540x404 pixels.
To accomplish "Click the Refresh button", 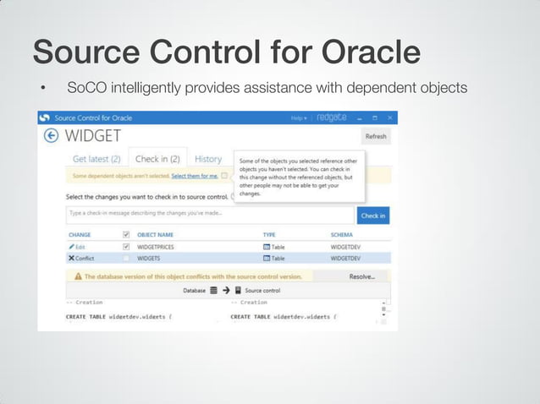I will coord(375,136).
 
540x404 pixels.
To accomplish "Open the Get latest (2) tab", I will coord(96,159).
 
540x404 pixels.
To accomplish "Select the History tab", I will coord(208,159).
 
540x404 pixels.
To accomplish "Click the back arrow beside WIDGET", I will coord(51,136).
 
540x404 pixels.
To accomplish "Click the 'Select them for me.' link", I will coord(195,176).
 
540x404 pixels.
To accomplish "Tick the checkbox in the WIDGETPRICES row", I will coord(126,247).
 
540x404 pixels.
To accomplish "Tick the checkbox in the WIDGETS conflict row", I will coord(126,258).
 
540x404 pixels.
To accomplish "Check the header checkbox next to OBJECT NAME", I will coord(126,234).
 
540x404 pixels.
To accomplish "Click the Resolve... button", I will coord(361,276).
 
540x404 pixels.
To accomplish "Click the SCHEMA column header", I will coord(342,234).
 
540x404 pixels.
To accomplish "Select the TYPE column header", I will coord(269,234).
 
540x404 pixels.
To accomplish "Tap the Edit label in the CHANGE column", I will coord(78,247).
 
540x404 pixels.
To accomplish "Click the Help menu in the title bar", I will coord(299,118).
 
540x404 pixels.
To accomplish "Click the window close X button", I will coord(389,118).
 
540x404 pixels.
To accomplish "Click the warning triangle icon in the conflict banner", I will coord(78,276).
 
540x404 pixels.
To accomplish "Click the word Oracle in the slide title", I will coord(370,52).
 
